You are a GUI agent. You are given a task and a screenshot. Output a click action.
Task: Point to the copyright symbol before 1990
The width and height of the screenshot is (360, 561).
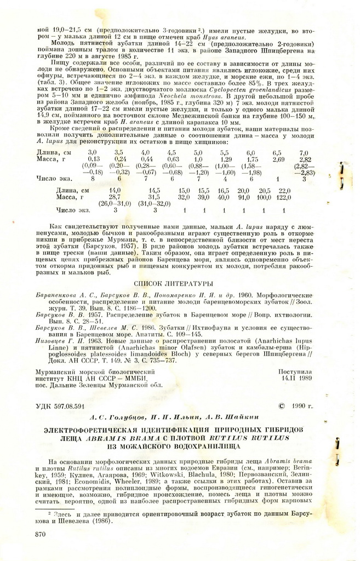pyautogui.click(x=283, y=406)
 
